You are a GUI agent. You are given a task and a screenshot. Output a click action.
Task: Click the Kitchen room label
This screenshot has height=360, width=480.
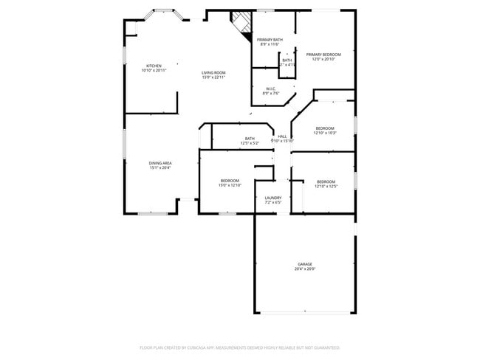[154, 66]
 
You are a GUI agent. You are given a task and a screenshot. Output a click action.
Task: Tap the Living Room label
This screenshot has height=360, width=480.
[213, 72]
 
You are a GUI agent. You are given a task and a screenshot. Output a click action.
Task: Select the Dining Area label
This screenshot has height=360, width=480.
[160, 163]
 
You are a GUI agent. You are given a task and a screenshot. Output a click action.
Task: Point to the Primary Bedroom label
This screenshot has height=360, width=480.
[323, 55]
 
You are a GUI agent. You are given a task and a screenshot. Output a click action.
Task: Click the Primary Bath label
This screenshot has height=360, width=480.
[270, 39]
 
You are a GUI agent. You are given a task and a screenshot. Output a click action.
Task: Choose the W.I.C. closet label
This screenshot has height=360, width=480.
[271, 89]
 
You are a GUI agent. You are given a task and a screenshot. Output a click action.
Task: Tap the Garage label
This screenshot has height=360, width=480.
[305, 264]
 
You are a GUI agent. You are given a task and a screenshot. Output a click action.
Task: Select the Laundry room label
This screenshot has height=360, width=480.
[273, 198]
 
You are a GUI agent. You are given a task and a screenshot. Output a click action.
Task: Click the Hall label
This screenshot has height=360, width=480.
[282, 136]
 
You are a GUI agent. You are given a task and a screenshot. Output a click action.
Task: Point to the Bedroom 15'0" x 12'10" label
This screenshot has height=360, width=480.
[230, 181]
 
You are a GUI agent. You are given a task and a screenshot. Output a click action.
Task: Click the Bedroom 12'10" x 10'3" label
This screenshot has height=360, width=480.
[325, 128]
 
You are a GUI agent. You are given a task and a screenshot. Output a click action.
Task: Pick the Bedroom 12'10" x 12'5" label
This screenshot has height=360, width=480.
[326, 181]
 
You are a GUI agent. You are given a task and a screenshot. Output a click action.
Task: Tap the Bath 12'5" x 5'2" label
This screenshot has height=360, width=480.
[250, 138]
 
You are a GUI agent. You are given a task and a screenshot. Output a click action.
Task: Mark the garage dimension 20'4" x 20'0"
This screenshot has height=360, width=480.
[305, 269]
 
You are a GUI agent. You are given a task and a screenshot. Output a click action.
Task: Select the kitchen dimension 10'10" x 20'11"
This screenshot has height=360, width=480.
[154, 71]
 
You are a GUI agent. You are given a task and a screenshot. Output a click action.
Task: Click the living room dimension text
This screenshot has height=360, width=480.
[213, 77]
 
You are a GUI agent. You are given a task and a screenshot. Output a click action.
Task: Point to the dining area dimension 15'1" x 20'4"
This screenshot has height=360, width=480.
[160, 168]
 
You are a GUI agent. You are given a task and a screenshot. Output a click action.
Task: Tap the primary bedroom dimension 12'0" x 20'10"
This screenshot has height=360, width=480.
[323, 60]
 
